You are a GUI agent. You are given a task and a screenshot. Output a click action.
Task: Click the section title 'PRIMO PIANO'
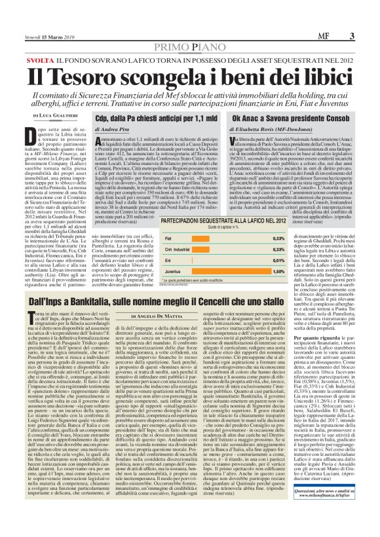click(189, 46)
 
